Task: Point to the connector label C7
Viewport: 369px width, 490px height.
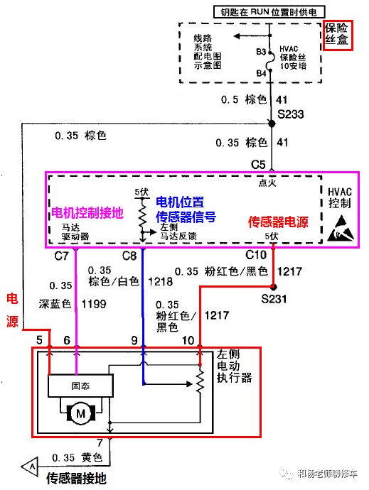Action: pos(62,254)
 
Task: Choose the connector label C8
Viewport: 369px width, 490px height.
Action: pos(129,254)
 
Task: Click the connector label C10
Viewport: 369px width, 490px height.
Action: pos(256,254)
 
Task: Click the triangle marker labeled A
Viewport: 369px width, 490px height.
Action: pos(31,465)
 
